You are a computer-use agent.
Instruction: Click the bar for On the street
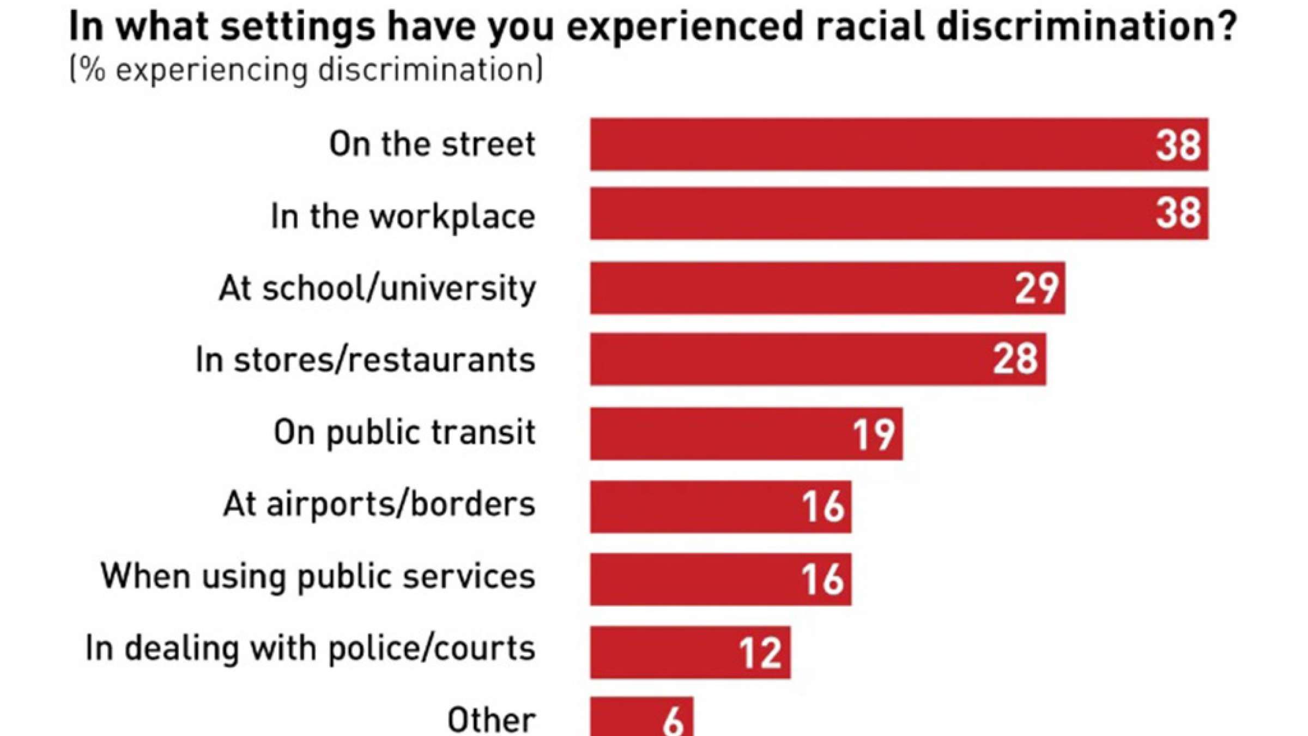coord(899,144)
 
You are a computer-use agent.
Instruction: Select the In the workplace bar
coord(899,213)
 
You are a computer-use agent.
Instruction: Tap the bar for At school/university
coord(827,288)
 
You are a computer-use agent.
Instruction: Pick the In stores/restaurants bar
coord(818,359)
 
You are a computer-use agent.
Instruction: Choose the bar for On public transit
coord(746,433)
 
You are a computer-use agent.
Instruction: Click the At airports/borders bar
coord(720,506)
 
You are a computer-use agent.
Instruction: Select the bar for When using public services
coord(720,579)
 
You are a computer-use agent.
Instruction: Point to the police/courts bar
coord(690,652)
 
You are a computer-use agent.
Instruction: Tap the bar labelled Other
coord(641,717)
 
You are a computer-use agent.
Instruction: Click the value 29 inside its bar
coord(1037,288)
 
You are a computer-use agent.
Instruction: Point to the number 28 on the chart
coord(1015,359)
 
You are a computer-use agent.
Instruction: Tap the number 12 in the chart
coord(761,653)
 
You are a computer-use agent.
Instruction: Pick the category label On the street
coord(432,144)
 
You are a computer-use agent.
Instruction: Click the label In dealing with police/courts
coord(310,649)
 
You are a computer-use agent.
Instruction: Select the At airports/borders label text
coord(379,504)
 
